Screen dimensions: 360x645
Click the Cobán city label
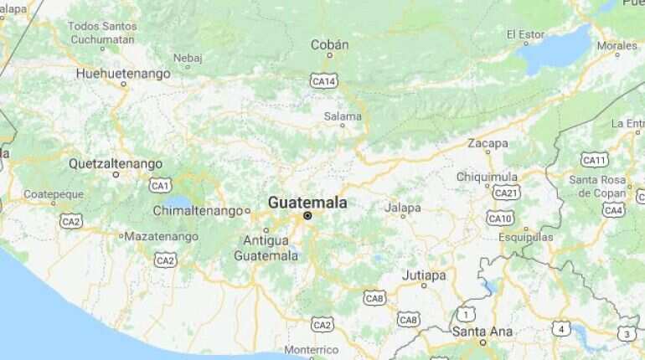pos(330,44)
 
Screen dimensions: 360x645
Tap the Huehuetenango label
pos(123,74)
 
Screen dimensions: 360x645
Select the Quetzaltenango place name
pos(116,162)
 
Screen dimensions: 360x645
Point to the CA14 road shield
pos(323,80)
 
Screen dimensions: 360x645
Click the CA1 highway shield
pos(160,185)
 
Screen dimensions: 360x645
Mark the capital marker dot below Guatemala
pos(307,216)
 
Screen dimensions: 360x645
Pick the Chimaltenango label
pos(198,211)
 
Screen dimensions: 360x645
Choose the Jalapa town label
pos(402,207)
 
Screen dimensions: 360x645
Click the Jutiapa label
pos(424,275)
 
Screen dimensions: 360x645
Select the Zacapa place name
pos(488,143)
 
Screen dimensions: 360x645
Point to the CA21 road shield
pos(506,193)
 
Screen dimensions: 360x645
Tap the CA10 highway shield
pos(500,219)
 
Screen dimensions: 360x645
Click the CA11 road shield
pos(595,160)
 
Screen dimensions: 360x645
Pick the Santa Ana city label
pos(482,332)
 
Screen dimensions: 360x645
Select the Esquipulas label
pos(526,237)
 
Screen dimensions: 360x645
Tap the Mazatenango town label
pos(162,236)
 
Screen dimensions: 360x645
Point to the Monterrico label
pos(312,349)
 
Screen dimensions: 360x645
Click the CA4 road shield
pos(614,210)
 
